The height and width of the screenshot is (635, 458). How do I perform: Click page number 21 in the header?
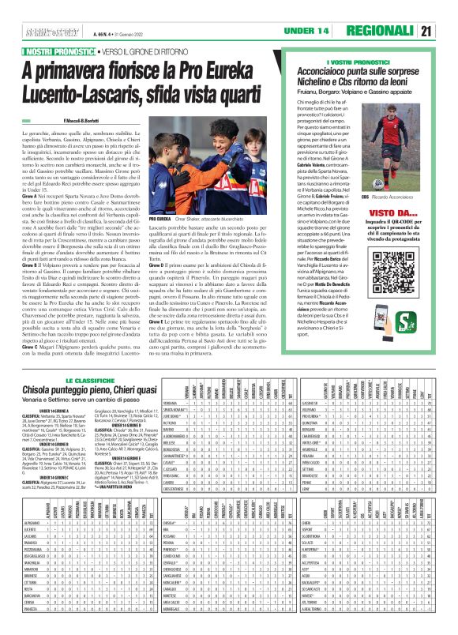click(x=446, y=31)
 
